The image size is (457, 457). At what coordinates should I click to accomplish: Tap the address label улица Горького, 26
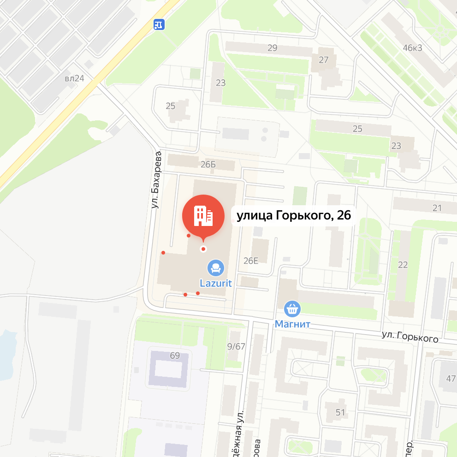point(294,215)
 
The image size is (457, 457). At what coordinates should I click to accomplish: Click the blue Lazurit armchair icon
point(215,267)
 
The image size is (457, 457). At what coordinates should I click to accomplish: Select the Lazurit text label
point(215,282)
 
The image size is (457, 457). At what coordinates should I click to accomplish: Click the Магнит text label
point(292,324)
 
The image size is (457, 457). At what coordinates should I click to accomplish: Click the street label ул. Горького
point(410,338)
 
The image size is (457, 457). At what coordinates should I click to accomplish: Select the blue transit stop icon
point(159,24)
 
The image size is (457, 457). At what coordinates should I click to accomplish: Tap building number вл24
point(74,78)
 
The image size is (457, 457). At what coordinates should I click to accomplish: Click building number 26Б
point(208,165)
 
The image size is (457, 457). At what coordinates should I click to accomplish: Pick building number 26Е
point(251,261)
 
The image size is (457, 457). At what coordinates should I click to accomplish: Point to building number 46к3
point(412,47)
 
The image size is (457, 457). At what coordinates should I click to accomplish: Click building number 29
point(273,48)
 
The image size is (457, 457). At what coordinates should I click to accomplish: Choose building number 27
point(324,59)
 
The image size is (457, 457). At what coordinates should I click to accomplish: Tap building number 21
point(437,208)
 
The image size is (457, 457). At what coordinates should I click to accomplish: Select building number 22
point(403,265)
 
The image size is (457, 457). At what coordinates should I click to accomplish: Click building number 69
point(175,356)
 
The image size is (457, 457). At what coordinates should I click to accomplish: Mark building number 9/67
point(237,346)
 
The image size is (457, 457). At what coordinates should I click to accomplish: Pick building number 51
point(340,412)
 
